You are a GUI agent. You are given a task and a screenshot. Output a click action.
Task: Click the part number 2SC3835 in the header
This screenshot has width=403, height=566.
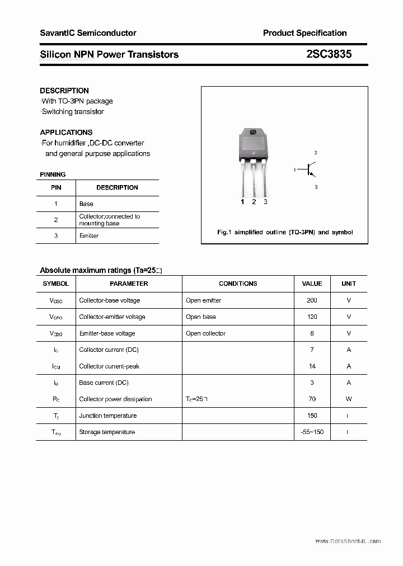pyautogui.click(x=329, y=54)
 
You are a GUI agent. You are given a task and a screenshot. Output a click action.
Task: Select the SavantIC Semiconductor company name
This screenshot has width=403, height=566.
pyautogui.click(x=88, y=33)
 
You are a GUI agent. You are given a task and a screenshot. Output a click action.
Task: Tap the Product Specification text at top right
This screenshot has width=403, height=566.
pyautogui.click(x=304, y=33)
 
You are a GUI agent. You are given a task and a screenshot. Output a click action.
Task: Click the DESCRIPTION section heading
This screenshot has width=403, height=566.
pyautogui.click(x=64, y=91)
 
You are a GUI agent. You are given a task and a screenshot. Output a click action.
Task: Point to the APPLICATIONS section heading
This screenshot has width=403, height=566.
pyautogui.click(x=66, y=133)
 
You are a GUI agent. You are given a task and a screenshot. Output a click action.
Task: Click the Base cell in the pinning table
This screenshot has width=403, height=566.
pyautogui.click(x=86, y=204)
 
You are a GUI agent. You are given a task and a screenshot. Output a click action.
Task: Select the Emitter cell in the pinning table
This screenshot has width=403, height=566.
pyautogui.click(x=89, y=236)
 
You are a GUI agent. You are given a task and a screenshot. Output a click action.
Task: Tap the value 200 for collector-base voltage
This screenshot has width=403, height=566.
pyautogui.click(x=312, y=300)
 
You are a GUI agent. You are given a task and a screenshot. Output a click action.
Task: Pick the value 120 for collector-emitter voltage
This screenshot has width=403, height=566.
pyautogui.click(x=312, y=317)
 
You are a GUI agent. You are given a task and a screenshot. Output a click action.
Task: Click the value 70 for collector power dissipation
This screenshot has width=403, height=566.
pyautogui.click(x=312, y=399)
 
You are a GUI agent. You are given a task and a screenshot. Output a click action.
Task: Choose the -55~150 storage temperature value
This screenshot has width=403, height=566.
pyautogui.click(x=312, y=432)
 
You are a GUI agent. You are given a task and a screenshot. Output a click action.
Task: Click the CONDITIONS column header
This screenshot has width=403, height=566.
pyautogui.click(x=238, y=284)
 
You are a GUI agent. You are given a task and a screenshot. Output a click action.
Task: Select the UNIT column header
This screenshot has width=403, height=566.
pyautogui.click(x=349, y=284)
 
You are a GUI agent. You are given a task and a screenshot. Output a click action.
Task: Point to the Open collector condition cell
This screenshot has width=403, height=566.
pyautogui.click(x=205, y=333)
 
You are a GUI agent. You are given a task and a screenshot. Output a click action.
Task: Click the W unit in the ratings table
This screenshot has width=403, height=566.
pyautogui.click(x=349, y=399)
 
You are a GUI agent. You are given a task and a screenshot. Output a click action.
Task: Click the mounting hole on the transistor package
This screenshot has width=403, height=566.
pyautogui.click(x=253, y=133)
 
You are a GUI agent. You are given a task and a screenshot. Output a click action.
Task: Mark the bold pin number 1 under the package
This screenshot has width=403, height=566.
pyautogui.click(x=242, y=202)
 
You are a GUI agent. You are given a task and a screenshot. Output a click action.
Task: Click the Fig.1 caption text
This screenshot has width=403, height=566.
pyautogui.click(x=285, y=232)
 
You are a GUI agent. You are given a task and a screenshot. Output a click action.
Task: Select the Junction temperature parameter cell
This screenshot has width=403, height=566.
pyautogui.click(x=107, y=416)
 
